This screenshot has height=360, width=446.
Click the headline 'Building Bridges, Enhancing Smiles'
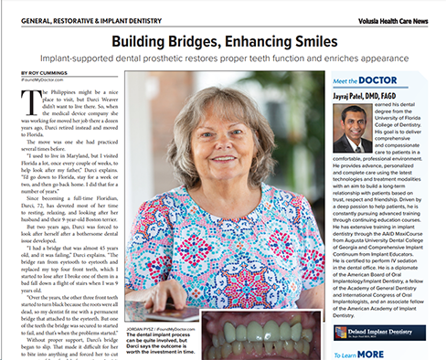(x=223, y=41)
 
